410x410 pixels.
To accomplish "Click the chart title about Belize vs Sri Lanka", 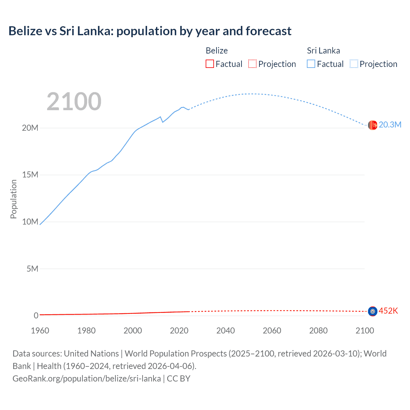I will pos(150,31).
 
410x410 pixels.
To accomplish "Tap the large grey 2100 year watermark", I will pos(74,102).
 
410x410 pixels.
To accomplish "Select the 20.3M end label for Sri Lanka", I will pos(390,125).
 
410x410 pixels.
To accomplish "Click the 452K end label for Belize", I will pos(388,311).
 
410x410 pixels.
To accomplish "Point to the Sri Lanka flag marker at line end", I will pos(373,125).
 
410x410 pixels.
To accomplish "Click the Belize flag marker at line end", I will pos(373,311).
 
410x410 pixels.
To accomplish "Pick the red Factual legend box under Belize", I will pos(210,64).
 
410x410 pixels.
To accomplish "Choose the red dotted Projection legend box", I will pos(252,64).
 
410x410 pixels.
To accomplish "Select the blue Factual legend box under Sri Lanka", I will pos(311,64).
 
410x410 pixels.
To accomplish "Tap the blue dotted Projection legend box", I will pos(354,64).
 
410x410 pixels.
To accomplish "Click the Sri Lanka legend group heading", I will pos(323,51).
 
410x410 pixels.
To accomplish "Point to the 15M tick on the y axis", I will pos(30,175).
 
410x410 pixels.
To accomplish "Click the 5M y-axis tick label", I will pos(32,269).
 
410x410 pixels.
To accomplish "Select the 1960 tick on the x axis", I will pos(40,331).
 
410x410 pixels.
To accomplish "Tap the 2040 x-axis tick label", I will pos(225,331).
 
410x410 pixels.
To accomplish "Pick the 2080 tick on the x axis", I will pos(318,331).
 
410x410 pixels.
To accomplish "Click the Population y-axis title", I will pos(13,199).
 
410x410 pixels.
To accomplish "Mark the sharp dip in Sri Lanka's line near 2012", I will pos(163,122).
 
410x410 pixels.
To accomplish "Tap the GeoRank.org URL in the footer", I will pos(86,379).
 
